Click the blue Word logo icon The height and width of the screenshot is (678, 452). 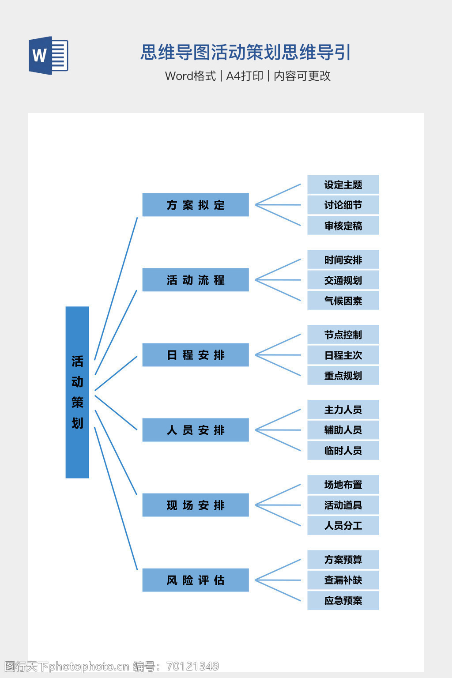pyautogui.click(x=48, y=55)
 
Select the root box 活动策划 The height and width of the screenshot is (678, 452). pyautogui.click(x=77, y=392)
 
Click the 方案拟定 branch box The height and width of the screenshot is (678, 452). pyautogui.click(x=196, y=205)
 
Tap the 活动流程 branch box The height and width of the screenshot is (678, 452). pyautogui.click(x=196, y=280)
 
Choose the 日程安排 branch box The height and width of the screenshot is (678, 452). pyautogui.click(x=196, y=355)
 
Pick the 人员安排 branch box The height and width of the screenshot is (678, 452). pyautogui.click(x=196, y=430)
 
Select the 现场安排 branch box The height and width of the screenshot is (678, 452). pyautogui.click(x=196, y=505)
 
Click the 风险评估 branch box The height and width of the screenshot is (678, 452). pyautogui.click(x=196, y=580)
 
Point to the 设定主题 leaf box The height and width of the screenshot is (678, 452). pyautogui.click(x=343, y=185)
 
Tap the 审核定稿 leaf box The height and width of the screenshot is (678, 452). pyautogui.click(x=343, y=226)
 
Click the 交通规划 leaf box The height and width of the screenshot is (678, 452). pyautogui.click(x=343, y=280)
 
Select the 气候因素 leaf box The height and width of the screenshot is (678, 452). pyautogui.click(x=343, y=301)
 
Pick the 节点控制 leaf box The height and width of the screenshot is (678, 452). pyautogui.click(x=343, y=335)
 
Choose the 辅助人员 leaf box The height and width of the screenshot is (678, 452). pyautogui.click(x=343, y=430)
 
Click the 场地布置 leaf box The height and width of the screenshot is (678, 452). pyautogui.click(x=343, y=485)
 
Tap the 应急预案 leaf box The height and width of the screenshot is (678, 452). pyautogui.click(x=343, y=600)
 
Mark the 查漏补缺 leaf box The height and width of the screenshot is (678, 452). pyautogui.click(x=343, y=580)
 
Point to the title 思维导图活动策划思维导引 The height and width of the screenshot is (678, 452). pyautogui.click(x=245, y=52)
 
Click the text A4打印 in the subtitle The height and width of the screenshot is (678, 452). pyautogui.click(x=245, y=76)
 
